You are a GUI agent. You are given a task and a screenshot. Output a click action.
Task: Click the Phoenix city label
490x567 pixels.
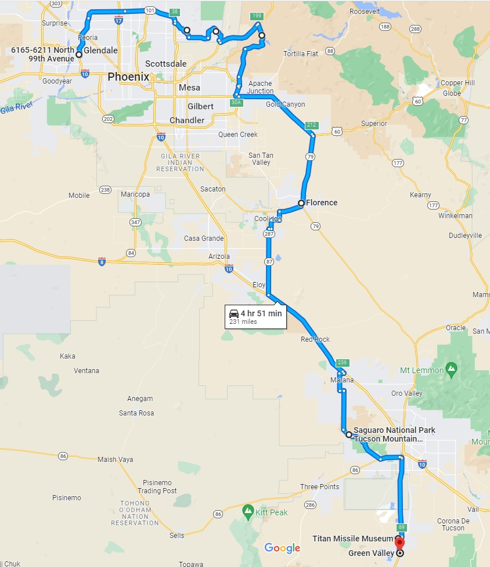(128, 77)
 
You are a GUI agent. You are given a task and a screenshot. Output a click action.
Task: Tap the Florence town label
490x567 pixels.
(322, 203)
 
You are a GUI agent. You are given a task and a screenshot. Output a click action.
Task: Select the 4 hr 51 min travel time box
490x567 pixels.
(255, 317)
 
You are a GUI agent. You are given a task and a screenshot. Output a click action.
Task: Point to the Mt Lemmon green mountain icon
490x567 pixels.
(451, 370)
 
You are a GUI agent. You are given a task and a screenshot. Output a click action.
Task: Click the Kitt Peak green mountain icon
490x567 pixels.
(248, 511)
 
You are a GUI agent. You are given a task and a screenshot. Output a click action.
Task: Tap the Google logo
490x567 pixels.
(282, 548)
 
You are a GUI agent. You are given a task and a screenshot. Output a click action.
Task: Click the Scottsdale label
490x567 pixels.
(166, 63)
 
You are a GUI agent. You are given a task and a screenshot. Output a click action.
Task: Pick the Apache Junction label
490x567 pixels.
(260, 88)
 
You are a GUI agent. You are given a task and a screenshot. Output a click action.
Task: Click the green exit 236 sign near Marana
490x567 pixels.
(341, 363)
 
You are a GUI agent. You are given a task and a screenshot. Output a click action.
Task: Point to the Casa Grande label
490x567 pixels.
(204, 239)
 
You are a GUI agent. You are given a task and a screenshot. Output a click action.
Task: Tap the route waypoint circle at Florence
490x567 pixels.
(301, 203)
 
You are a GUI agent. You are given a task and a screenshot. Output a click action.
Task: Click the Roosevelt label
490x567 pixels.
(365, 11)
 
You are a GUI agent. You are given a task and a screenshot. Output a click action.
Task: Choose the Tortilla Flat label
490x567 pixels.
(301, 54)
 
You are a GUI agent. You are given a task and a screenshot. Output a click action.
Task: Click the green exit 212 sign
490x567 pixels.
(311, 125)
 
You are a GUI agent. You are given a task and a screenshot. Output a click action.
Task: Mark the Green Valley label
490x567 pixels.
(371, 554)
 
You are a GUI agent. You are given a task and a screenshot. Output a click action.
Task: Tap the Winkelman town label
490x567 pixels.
(456, 216)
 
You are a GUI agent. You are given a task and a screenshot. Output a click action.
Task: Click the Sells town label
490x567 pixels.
(176, 536)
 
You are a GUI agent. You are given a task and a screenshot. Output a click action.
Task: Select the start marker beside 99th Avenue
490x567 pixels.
(79, 55)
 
